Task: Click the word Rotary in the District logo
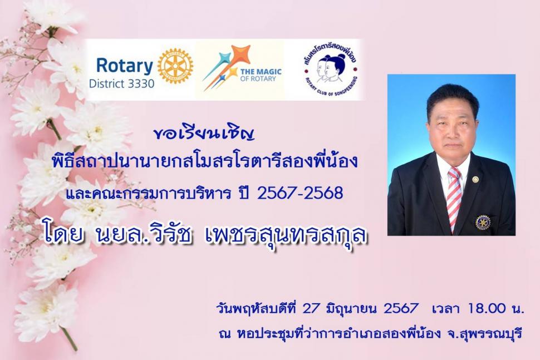[x=124, y=66]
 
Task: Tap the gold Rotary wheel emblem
[x=175, y=66]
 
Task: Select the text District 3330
[x=121, y=83]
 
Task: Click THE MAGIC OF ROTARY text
[x=261, y=75]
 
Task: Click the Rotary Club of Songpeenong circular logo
[x=331, y=70]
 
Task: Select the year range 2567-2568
[x=300, y=193]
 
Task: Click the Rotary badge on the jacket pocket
[x=483, y=222]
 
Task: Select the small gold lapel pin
[x=475, y=179]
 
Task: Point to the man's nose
[x=451, y=132]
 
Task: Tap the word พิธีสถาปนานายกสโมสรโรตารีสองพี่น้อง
[x=204, y=161]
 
